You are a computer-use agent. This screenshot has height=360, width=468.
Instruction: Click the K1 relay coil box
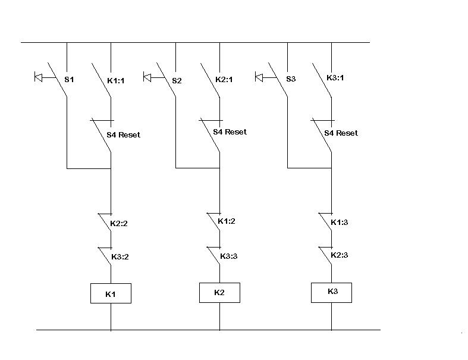point(111,293)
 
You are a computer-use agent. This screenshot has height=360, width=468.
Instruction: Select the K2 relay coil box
point(219,293)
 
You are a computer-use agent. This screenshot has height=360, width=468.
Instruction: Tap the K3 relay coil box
point(331,293)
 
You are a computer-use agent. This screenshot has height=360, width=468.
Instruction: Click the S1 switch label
point(69,80)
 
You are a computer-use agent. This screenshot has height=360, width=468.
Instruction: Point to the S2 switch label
point(177,81)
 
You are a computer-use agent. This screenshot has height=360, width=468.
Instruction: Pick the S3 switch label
point(291,79)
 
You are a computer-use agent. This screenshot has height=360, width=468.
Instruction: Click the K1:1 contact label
point(116,80)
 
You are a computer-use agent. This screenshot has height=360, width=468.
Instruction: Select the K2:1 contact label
point(224,80)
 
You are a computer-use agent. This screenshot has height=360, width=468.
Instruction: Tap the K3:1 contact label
point(335,78)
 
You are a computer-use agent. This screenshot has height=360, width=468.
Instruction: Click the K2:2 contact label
point(119,224)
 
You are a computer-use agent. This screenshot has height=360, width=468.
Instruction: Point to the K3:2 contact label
point(120,256)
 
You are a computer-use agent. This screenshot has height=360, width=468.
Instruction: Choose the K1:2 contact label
point(227,221)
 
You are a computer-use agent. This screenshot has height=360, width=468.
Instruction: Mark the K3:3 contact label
point(228,256)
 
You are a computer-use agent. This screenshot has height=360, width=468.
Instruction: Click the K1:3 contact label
point(340,223)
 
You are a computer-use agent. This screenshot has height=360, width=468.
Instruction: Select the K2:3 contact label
point(340,255)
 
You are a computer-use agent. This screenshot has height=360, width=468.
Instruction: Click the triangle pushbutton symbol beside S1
point(39,77)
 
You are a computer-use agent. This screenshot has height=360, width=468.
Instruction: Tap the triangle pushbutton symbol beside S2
point(147,77)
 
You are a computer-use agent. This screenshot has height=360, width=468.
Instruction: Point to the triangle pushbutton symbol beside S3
point(259,77)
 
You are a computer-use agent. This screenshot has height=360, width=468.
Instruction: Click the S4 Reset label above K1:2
point(230,132)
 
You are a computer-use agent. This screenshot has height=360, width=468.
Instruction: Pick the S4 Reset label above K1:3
point(341,133)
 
